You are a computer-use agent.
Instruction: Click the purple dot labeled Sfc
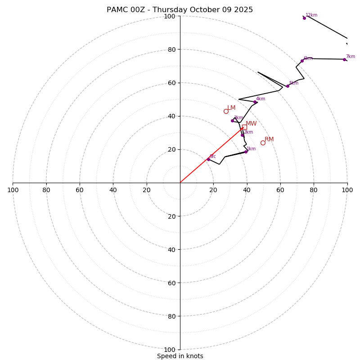point(208,159)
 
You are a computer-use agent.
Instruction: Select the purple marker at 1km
point(246,152)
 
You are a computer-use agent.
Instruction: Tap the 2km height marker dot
point(242,135)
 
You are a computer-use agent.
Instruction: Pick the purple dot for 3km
point(232,121)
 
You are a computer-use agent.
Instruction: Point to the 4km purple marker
point(255,102)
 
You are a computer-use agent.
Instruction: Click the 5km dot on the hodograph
point(288,86)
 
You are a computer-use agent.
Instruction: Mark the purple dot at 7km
point(344,59)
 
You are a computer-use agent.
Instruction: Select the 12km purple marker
point(304,18)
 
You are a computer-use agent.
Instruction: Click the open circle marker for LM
point(226,111)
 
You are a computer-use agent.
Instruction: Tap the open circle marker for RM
point(263,143)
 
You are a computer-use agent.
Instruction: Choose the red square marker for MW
point(244,127)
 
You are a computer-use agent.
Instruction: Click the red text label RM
point(269,139)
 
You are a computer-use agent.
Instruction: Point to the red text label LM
point(231,108)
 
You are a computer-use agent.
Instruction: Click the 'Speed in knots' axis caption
point(180,356)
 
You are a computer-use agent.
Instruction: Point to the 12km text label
point(311,15)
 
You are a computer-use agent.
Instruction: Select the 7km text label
point(350,57)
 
